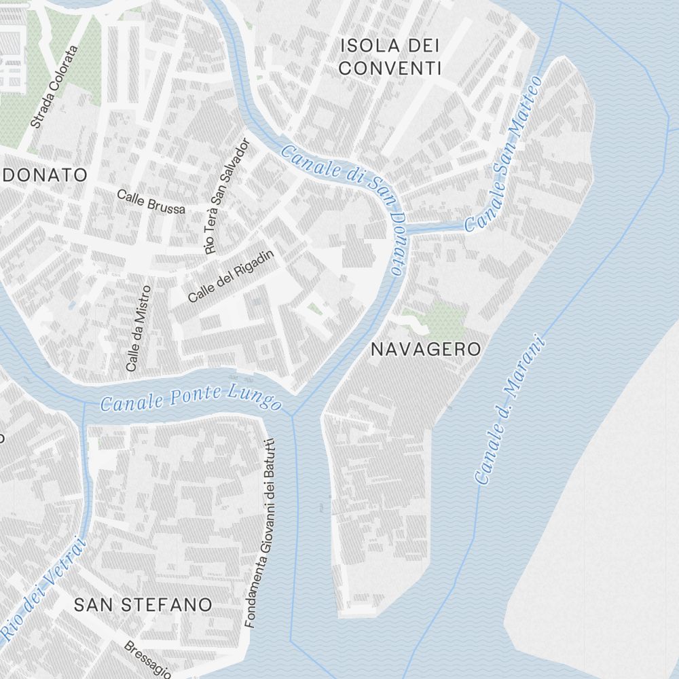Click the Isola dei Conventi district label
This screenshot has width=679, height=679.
(390, 57)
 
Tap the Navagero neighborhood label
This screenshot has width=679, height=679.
(426, 350)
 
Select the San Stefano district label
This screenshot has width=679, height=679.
(143, 605)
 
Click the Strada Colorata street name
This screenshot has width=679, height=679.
(55, 87)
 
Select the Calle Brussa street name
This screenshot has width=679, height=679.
(151, 202)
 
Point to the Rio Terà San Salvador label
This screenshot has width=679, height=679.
(227, 196)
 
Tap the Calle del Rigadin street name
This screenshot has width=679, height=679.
(230, 276)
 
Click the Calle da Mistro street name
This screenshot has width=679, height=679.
(137, 327)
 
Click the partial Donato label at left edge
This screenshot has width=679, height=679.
(43, 175)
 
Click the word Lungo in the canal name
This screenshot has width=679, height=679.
(257, 401)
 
